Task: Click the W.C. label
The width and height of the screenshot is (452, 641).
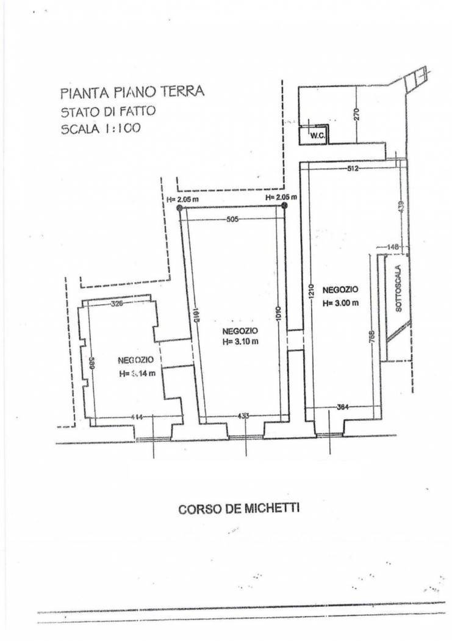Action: pyautogui.click(x=315, y=136)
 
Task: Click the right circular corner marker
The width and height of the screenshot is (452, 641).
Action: pyautogui.click(x=284, y=207)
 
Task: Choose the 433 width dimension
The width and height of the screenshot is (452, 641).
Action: pyautogui.click(x=245, y=416)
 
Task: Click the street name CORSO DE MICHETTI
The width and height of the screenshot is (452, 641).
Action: pyautogui.click(x=239, y=509)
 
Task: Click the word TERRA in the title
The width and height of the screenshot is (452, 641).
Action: pyautogui.click(x=181, y=92)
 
